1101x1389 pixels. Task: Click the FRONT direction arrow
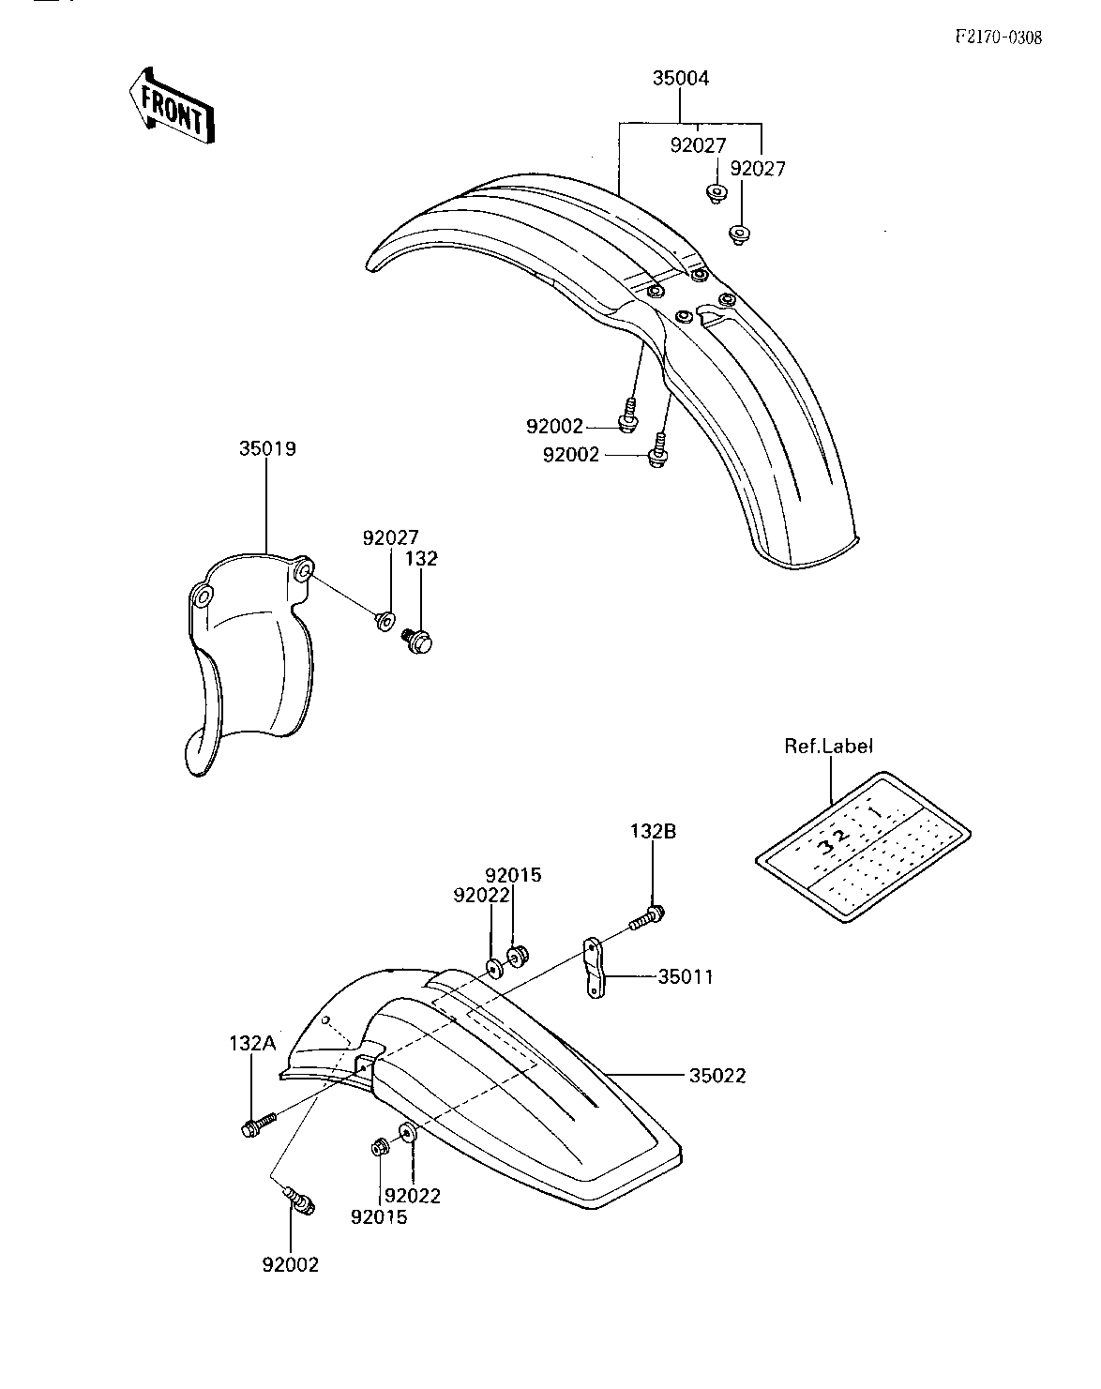pos(171,106)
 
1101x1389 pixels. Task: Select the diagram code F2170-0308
pos(999,38)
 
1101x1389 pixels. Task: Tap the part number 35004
pos(680,78)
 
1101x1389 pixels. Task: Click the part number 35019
pos(267,448)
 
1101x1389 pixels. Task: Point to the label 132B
pos(653,831)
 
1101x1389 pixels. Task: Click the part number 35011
pos(686,977)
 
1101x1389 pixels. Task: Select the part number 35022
pos(717,1076)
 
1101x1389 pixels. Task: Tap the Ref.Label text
pos(829,747)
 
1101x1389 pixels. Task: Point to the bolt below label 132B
pos(648,918)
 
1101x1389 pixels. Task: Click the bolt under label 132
pos(417,641)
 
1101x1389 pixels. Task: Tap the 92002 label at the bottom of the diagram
pos(291,1265)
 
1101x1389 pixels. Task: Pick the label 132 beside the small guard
pos(421,558)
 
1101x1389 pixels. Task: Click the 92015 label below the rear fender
pos(379,1217)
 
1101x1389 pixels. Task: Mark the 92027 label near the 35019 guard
pos(390,537)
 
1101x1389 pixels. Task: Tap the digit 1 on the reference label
pos(876,812)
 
